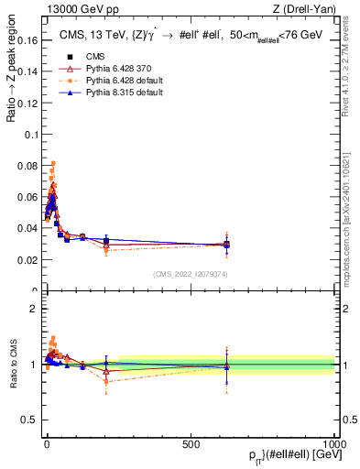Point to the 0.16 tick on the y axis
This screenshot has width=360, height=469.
[28, 41]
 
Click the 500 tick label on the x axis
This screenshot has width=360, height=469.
[191, 442]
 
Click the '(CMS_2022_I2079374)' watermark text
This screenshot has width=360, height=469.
[189, 274]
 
